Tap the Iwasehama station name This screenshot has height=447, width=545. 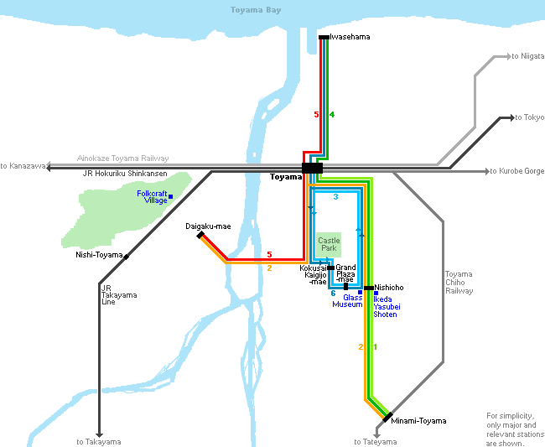pos(350,38)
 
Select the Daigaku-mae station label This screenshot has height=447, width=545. pos(208,226)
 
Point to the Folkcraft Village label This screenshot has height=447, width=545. pos(152,197)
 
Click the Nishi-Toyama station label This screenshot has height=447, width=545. pos(99,255)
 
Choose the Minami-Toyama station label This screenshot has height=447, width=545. pos(418,421)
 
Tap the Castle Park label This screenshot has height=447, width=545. pos(329,245)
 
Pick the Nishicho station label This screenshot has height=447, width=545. pos(389,288)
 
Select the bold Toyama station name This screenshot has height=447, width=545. pos(285,178)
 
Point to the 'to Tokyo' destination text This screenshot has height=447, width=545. pos(529,117)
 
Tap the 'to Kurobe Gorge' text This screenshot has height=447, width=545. pos(517,171)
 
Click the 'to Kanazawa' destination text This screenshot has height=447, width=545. pos(23,166)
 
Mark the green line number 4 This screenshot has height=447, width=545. pos(332,114)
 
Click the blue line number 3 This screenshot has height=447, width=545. pos(335,197)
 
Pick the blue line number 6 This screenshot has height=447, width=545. pos(333,294)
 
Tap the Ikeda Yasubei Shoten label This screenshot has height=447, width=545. pos(387,307)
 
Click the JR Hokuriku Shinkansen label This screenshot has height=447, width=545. pos(125,174)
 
